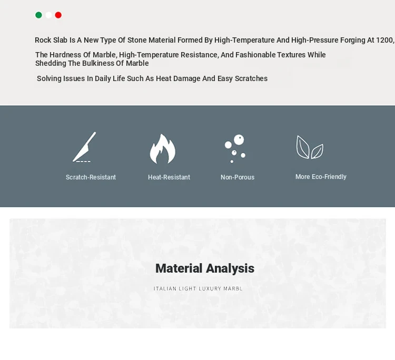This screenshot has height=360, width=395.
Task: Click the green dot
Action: (38, 15)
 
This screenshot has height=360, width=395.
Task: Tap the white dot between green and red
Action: (48, 15)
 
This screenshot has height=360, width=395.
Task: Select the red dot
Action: (58, 15)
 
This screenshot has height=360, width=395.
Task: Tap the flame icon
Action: (163, 148)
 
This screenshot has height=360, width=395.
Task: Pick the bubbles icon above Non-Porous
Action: (235, 148)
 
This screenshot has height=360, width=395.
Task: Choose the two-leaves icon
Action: (310, 147)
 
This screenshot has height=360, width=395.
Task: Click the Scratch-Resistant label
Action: (91, 177)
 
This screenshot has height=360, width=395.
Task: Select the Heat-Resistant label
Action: (169, 177)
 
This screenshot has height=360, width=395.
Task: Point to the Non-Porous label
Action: (238, 177)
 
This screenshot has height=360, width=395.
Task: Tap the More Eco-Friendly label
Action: (321, 177)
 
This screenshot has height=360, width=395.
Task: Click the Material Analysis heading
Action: (205, 268)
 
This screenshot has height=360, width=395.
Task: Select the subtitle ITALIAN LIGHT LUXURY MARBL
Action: (198, 289)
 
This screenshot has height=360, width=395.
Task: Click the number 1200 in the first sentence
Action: (384, 41)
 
